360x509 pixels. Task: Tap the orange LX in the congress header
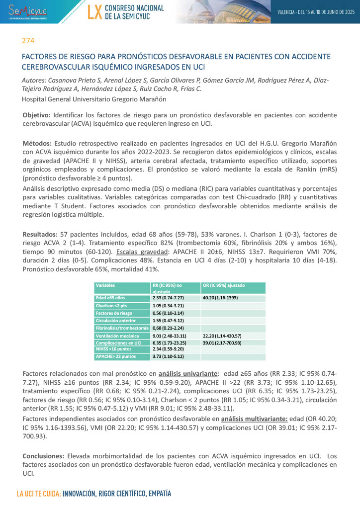coord(94,12)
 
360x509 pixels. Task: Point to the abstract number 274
coord(28,41)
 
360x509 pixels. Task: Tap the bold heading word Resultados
coord(41,234)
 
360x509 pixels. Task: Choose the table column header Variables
coord(105,285)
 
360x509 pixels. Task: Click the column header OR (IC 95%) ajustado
coord(223,285)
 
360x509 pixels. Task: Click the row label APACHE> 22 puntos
coord(115,356)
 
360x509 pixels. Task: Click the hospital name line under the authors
coord(93,99)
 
